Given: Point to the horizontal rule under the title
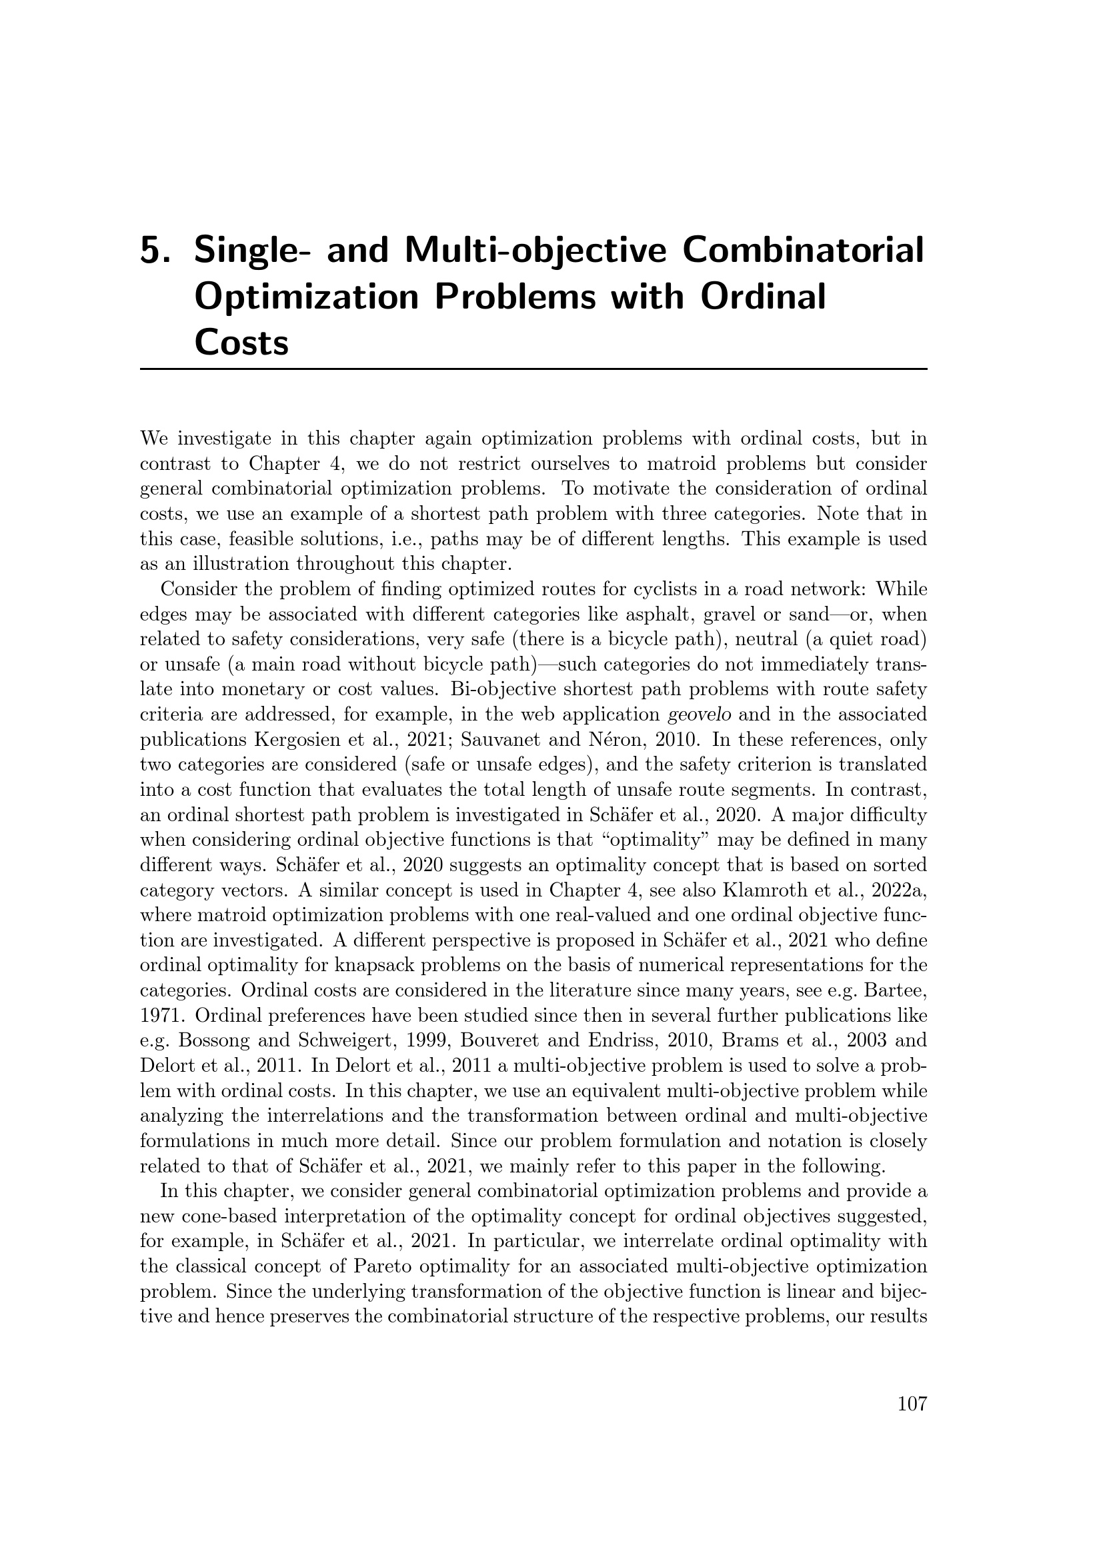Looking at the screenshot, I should click(x=533, y=369).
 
